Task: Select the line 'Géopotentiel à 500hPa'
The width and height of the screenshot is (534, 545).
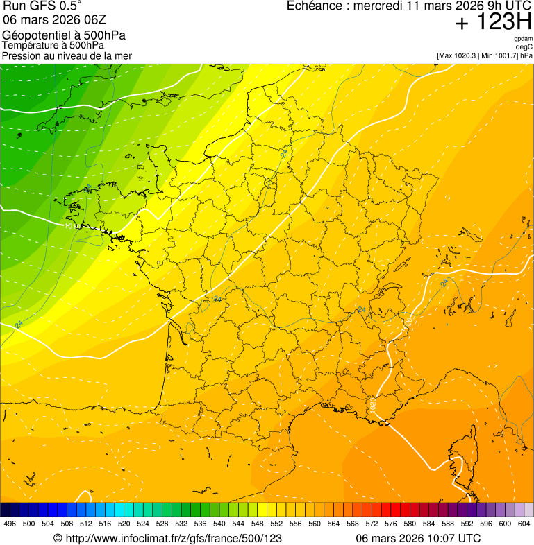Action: coord(64,35)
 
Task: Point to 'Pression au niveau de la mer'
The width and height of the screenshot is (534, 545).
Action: coord(67,55)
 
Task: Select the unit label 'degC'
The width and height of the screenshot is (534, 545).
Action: coord(524,47)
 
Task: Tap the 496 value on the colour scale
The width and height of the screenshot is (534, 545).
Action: coord(10,524)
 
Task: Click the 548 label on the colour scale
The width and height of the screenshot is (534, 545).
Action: coord(258,524)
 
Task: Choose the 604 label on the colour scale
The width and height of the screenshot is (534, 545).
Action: coord(524,524)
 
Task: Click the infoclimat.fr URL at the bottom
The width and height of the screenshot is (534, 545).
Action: coord(167,538)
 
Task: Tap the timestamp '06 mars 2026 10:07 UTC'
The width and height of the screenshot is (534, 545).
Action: coord(418,538)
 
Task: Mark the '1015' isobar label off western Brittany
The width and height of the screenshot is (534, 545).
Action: coord(70,226)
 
